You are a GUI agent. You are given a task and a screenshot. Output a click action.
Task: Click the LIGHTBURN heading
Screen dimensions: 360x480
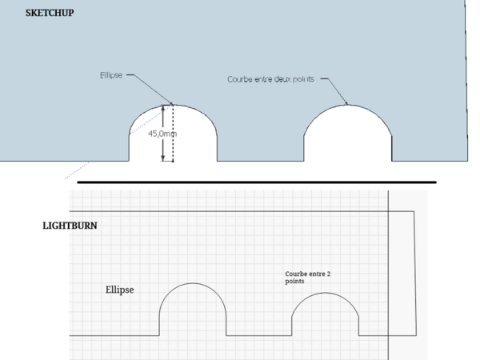click(70, 226)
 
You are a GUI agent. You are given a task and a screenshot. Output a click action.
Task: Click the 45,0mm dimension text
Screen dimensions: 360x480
click(162, 134)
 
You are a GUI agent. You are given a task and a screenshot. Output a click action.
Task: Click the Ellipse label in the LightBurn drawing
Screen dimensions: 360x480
click(119, 290)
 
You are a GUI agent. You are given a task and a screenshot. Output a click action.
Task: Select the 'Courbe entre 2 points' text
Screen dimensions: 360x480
click(307, 278)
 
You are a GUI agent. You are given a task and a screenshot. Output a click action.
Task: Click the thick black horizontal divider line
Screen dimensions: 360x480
click(256, 182)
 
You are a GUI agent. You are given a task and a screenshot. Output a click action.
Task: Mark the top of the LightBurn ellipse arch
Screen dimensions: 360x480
click(193, 283)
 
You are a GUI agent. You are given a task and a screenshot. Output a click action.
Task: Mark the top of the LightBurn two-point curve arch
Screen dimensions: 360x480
click(325, 293)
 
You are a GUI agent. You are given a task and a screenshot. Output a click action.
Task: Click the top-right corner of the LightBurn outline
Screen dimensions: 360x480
click(414, 211)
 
